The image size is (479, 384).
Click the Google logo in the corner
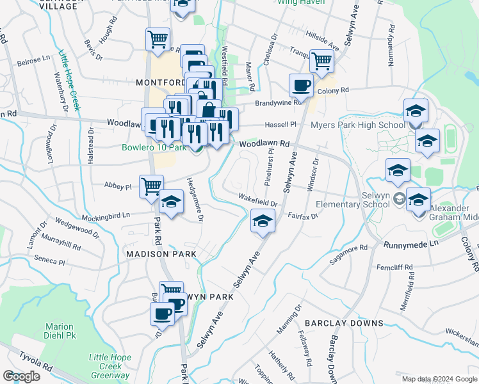coord(21,376)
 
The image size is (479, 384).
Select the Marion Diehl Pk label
coord(59,331)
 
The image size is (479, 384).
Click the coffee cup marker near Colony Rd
coord(300,85)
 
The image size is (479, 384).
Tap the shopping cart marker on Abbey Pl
coord(151,186)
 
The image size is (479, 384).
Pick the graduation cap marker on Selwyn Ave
coord(261,221)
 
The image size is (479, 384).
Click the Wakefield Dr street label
coord(257,200)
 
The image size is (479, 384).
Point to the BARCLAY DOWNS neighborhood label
coord(344,323)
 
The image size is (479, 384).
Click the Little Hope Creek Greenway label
coord(110,366)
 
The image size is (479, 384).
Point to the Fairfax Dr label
coord(303,216)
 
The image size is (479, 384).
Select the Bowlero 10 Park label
coord(153,148)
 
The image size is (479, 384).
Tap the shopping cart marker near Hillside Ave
coord(321,61)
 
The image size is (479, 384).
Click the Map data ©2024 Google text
coord(438,379)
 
